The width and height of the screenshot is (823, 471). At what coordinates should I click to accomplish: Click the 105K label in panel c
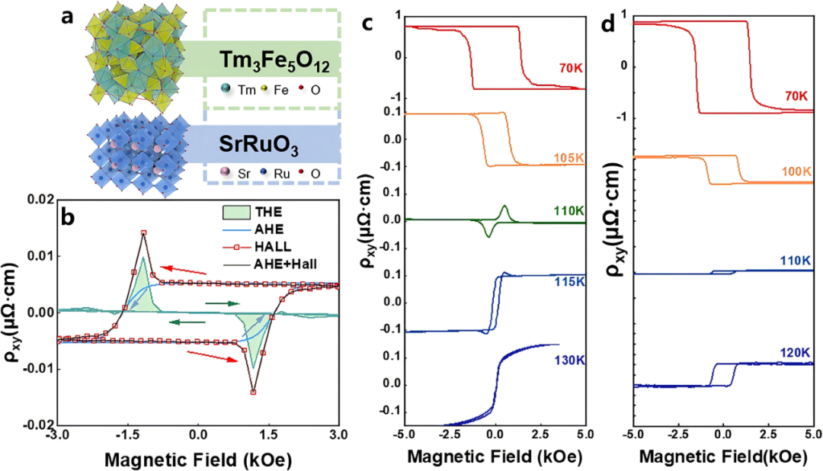[x=568, y=158]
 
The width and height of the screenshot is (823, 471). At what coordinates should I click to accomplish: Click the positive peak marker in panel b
[x=143, y=232]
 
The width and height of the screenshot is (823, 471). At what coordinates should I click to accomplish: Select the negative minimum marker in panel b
[x=253, y=392]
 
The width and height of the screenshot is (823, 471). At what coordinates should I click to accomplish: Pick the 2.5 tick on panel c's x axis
[x=540, y=436]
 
